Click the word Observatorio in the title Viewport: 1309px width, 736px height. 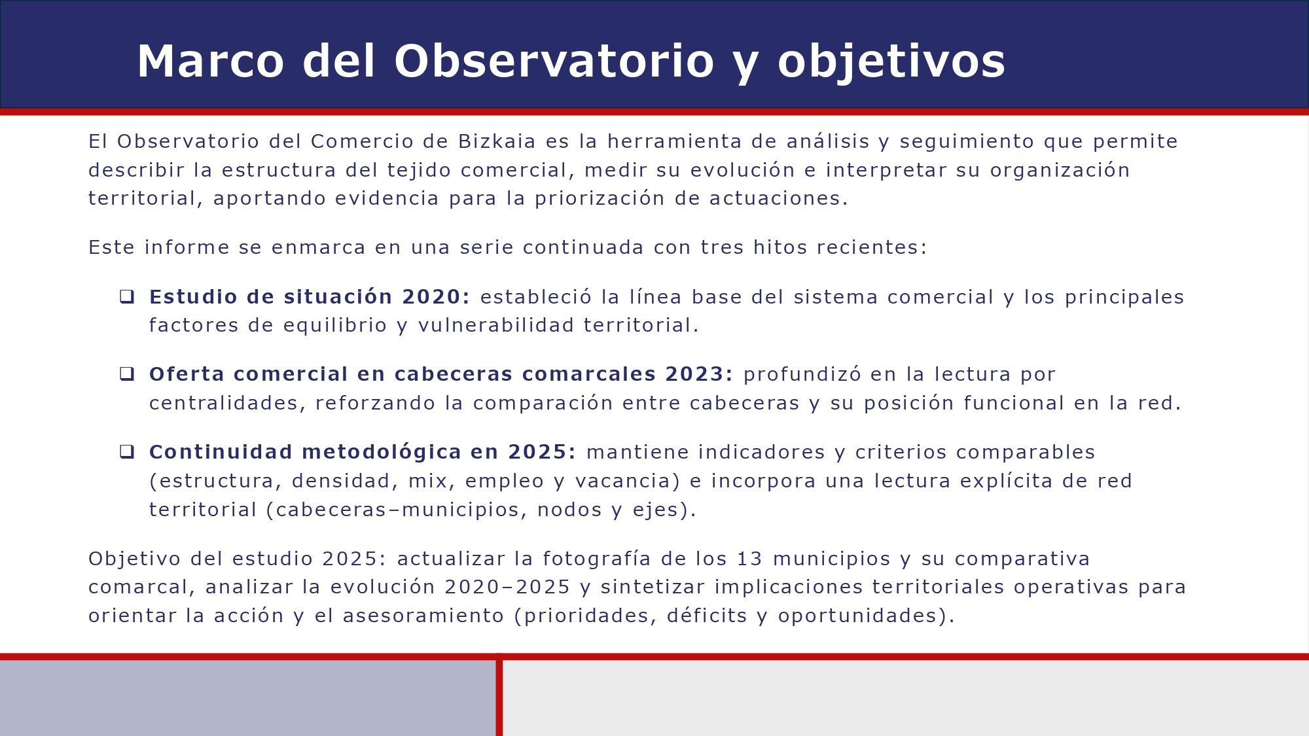tap(554, 61)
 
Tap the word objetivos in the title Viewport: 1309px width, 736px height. tap(891, 61)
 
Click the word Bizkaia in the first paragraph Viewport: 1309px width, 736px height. tap(497, 141)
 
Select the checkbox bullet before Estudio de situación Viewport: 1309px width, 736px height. tap(127, 297)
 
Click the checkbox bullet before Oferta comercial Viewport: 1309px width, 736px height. tap(127, 374)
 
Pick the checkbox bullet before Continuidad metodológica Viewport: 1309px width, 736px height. tap(127, 452)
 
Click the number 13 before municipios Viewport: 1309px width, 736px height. tap(749, 559)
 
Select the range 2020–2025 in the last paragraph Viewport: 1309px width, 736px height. tap(507, 587)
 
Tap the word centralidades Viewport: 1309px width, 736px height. tap(224, 403)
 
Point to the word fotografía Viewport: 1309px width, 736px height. tap(597, 559)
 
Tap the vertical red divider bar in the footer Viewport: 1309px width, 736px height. tap(499, 697)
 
